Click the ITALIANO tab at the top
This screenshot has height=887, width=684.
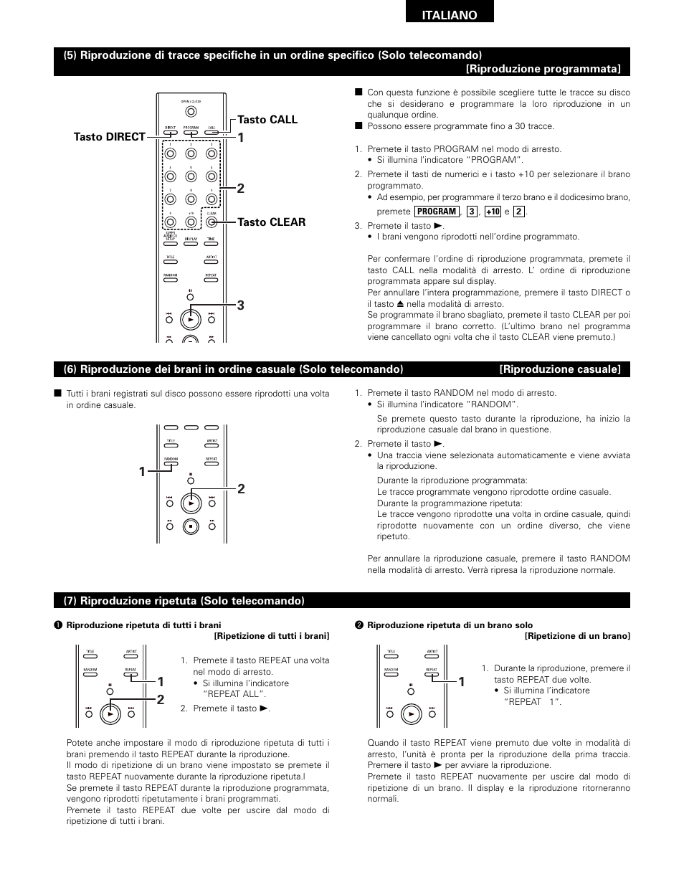tap(450, 15)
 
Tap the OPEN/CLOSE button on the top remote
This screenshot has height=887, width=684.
tap(190, 111)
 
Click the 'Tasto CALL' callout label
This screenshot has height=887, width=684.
tap(267, 120)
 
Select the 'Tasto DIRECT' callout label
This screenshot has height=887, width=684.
tap(109, 136)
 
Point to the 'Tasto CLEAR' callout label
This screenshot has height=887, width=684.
tap(271, 222)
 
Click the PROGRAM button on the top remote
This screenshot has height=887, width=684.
tap(191, 131)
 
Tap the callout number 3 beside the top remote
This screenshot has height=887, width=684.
tap(241, 305)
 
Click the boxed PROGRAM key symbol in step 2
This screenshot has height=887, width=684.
tap(436, 212)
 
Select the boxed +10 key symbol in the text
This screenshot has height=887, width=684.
tap(492, 212)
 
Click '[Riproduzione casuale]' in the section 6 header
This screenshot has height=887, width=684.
tap(560, 369)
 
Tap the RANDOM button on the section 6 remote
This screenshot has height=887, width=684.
tap(171, 463)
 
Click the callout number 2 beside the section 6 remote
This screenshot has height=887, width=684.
tap(241, 489)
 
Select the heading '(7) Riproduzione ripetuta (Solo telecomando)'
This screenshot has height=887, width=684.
tap(184, 600)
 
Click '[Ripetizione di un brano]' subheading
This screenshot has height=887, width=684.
tap(577, 636)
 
